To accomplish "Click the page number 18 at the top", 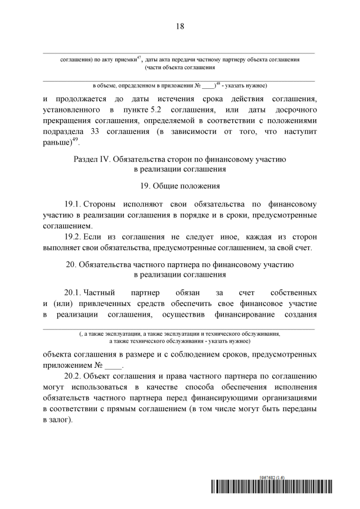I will [x=180, y=26].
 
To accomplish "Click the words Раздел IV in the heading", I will [x=92, y=160].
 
